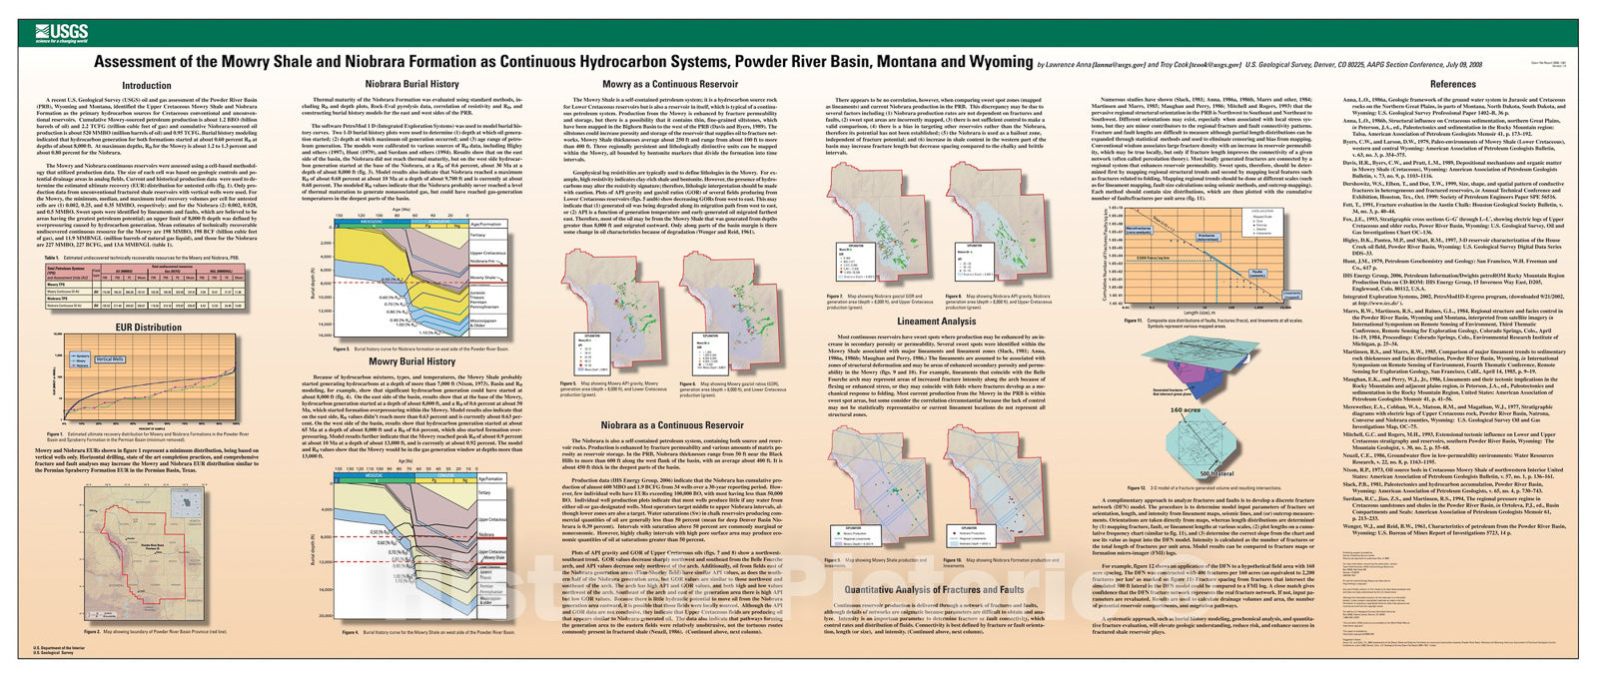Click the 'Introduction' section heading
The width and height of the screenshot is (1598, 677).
(x=147, y=86)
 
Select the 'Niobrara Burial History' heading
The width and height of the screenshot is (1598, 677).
(x=411, y=84)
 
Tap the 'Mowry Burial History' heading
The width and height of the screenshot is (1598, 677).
(x=412, y=361)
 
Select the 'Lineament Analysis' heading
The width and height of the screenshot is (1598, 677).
(x=936, y=322)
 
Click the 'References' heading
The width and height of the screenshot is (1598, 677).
(x=1452, y=85)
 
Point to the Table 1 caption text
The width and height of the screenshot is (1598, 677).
(x=150, y=258)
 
